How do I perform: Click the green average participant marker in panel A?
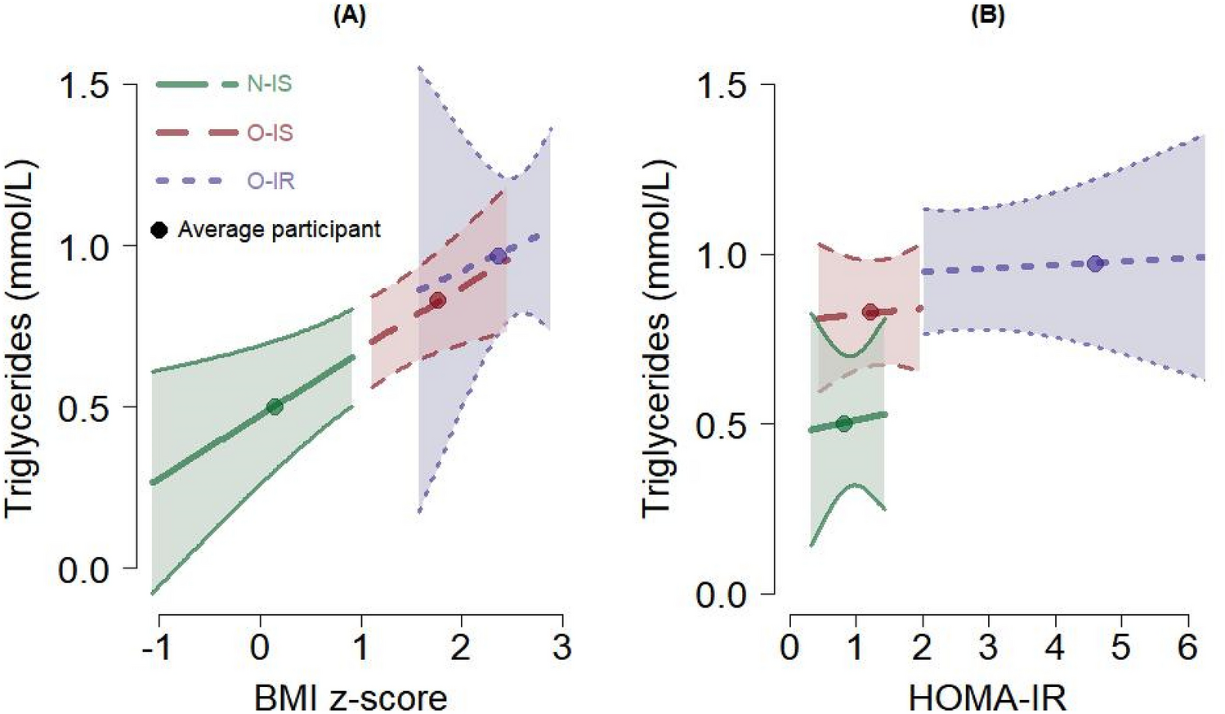[x=275, y=406]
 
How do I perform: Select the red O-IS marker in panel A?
[x=438, y=300]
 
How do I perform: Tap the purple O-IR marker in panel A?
[x=498, y=256]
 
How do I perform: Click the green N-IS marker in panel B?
[x=844, y=423]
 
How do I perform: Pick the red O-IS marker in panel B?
[x=870, y=312]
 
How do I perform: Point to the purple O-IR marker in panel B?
[x=1095, y=263]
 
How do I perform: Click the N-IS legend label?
[x=269, y=84]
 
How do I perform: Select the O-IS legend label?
[x=270, y=132]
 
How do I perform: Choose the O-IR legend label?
[x=270, y=181]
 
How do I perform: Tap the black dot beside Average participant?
[x=159, y=230]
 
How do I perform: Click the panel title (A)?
[x=350, y=16]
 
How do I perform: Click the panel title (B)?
[x=987, y=16]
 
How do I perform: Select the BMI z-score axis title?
[x=351, y=698]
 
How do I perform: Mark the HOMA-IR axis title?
[x=987, y=698]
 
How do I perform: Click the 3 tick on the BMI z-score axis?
[x=561, y=648]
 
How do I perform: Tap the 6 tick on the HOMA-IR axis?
[x=1187, y=648]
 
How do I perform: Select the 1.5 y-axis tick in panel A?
[x=84, y=85]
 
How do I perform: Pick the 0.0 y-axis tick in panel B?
[x=722, y=595]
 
